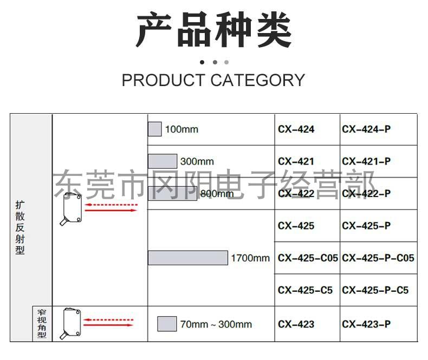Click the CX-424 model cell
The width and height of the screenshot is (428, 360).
point(296,129)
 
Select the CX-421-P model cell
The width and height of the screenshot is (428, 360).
point(366,161)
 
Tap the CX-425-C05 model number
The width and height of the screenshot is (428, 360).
point(308,258)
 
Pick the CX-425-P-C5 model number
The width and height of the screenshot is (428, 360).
point(375,290)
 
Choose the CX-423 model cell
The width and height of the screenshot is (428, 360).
point(296,324)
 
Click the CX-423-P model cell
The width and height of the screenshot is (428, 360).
point(366,324)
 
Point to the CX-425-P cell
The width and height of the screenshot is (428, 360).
point(366,226)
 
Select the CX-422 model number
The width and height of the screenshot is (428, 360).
point(296,194)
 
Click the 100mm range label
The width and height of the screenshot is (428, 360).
point(181,129)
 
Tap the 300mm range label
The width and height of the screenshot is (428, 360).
point(197,161)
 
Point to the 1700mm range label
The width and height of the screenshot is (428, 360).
point(250,258)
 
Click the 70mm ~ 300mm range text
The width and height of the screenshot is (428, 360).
point(216,324)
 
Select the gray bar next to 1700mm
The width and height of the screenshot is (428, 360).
point(188,258)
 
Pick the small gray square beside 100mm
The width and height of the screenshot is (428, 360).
point(155,129)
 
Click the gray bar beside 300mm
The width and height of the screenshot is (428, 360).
point(163,161)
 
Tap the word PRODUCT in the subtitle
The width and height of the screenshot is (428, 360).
point(163,80)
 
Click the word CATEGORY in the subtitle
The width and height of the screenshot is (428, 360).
point(257,80)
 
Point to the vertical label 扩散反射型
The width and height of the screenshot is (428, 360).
point(20,227)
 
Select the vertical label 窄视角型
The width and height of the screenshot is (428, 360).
point(42,324)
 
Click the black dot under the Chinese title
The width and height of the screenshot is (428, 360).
point(202,62)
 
